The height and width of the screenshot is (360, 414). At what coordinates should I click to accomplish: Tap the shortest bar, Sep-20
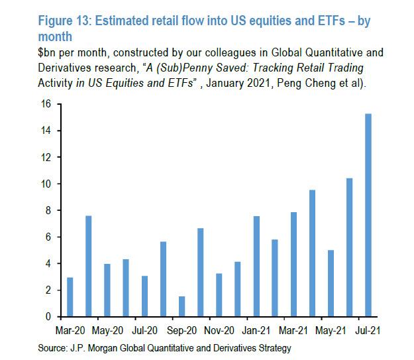point(181,306)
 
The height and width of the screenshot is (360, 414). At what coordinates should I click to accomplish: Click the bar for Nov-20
point(219,295)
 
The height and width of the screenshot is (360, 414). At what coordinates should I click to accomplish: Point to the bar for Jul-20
point(144,296)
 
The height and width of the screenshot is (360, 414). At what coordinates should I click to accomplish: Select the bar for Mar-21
point(293,265)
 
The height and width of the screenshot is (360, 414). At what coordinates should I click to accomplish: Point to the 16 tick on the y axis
point(46,104)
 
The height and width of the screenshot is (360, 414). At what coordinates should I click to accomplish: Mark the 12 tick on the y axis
point(46,157)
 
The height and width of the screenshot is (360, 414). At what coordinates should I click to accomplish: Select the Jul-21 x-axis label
point(368,330)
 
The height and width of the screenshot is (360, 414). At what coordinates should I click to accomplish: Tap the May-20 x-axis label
point(107,330)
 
